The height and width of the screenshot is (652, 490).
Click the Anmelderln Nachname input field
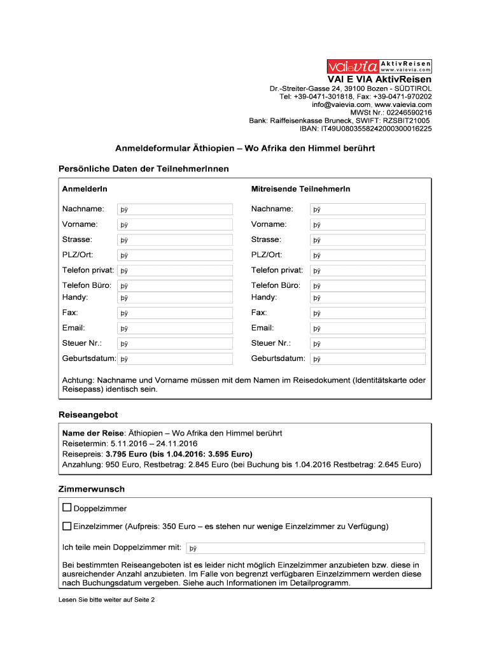pyautogui.click(x=175, y=209)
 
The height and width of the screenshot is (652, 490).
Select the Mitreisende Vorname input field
pyautogui.click(x=367, y=225)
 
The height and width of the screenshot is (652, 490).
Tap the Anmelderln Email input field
pyautogui.click(x=175, y=329)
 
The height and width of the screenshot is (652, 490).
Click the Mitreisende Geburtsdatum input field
pyautogui.click(x=367, y=359)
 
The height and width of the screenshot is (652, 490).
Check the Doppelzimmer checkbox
pyautogui.click(x=67, y=508)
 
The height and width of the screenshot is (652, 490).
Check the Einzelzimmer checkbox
pyautogui.click(x=67, y=527)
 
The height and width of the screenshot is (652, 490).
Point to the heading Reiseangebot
pyautogui.click(x=88, y=415)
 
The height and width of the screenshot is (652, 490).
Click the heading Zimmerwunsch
pyautogui.click(x=92, y=489)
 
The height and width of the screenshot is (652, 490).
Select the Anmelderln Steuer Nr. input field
pyautogui.click(x=175, y=344)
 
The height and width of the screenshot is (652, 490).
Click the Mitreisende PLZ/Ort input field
pyautogui.click(x=367, y=255)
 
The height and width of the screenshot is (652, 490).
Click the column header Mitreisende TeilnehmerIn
pyautogui.click(x=300, y=189)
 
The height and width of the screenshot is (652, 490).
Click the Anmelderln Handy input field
pyautogui.click(x=175, y=297)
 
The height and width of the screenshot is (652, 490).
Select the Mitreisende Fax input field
pyautogui.click(x=367, y=313)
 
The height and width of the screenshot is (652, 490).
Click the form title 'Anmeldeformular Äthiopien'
pyautogui.click(x=245, y=148)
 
